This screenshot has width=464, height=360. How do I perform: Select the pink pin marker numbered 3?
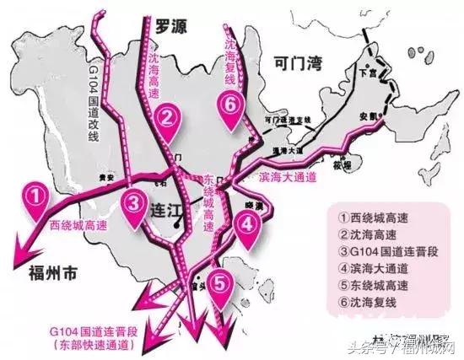click(134, 203)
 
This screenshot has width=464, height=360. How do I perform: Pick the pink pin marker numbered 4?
click(245, 225)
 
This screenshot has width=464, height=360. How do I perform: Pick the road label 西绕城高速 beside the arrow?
click(78, 225)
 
